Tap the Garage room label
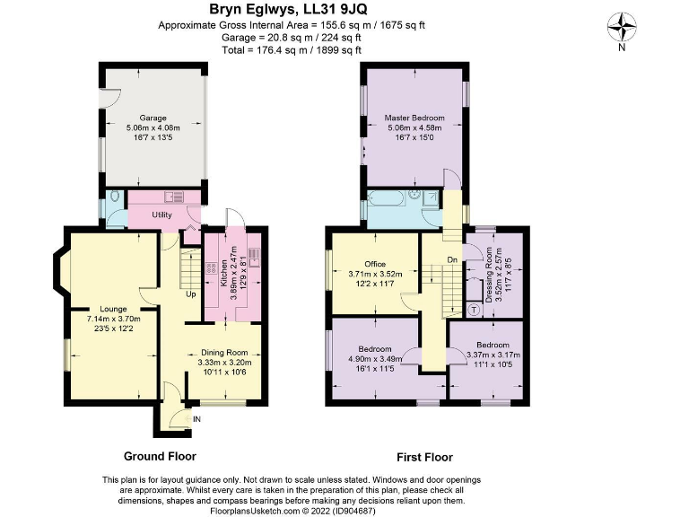153,118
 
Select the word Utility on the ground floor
161,215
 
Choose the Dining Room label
224,353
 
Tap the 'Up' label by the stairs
190,294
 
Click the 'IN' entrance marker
196,418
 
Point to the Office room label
375,264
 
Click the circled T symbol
474,309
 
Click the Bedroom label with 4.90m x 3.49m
375,347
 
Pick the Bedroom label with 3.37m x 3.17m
493,345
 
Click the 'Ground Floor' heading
160,456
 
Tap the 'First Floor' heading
420,456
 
